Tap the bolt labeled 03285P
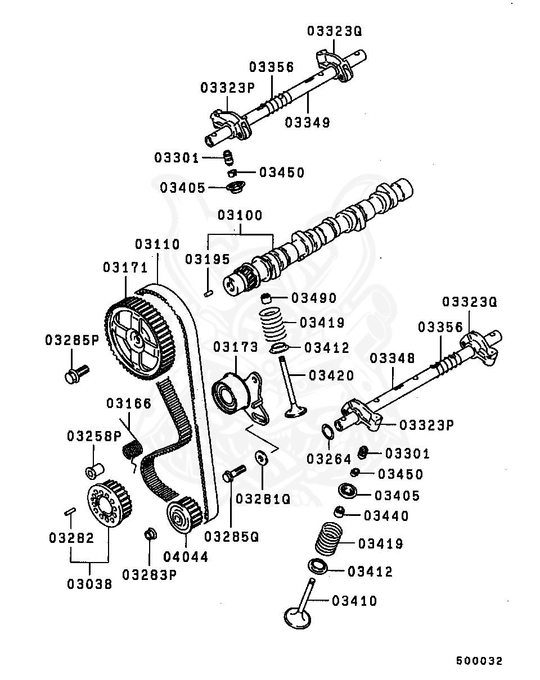(x=76, y=373)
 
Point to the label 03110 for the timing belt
(x=157, y=244)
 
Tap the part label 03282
(x=71, y=537)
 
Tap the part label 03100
(x=240, y=215)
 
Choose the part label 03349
(x=308, y=122)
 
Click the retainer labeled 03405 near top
(x=233, y=186)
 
